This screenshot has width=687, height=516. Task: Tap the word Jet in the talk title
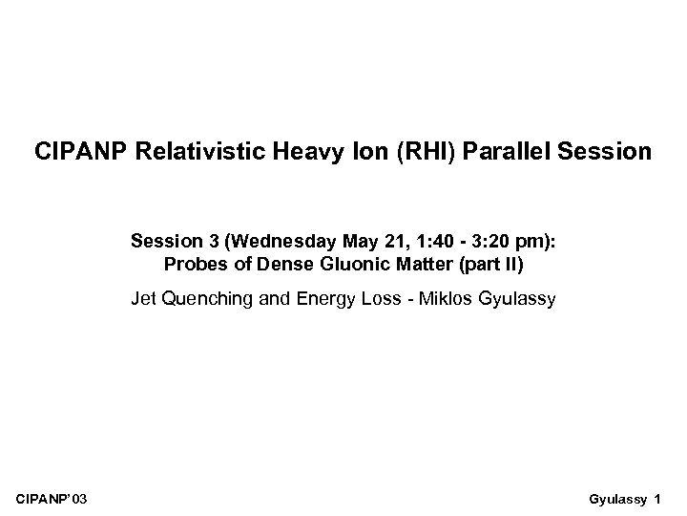click(x=144, y=300)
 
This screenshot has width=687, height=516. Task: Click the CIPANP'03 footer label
click(x=54, y=499)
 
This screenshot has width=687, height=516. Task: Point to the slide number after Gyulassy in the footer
click(x=657, y=499)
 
